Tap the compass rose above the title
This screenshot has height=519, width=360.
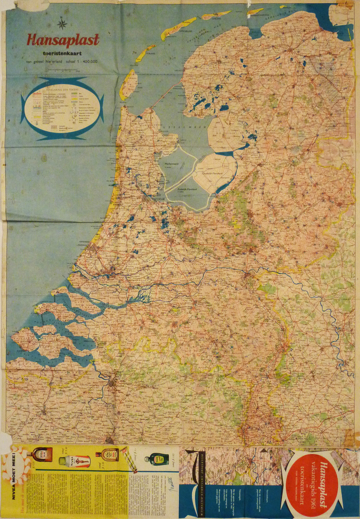click(x=62, y=23)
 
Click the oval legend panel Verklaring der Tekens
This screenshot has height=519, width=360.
click(x=62, y=108)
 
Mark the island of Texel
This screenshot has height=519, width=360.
click(x=128, y=85)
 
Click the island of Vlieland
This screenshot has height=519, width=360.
click(x=145, y=53)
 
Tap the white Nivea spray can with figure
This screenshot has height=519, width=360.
click(x=76, y=461)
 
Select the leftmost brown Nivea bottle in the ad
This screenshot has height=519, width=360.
click(x=43, y=456)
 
